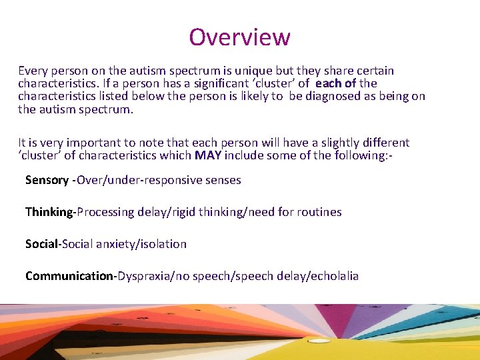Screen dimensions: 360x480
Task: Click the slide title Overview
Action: (x=239, y=37)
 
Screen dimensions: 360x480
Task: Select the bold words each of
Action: (x=335, y=83)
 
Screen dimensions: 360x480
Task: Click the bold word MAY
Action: (x=208, y=155)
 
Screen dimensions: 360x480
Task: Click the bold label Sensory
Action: (x=47, y=180)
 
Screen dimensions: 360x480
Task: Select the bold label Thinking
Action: (x=49, y=212)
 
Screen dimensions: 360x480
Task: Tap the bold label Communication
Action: (x=70, y=276)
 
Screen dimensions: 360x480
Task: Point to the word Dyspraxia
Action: (x=145, y=276)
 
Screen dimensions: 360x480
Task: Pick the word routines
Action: (x=318, y=212)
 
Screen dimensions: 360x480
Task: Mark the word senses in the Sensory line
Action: (x=223, y=180)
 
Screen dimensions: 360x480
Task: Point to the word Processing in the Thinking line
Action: (x=106, y=212)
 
